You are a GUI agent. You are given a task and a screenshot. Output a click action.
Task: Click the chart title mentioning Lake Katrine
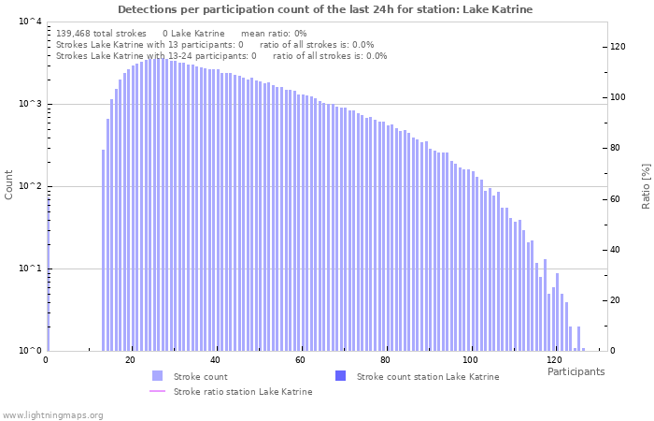[325, 9]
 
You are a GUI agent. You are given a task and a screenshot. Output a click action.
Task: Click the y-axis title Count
[9, 184]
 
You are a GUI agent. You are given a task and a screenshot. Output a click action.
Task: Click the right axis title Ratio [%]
[646, 185]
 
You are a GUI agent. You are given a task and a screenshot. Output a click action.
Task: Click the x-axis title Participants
[576, 371]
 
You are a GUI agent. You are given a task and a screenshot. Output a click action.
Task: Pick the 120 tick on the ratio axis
[618, 47]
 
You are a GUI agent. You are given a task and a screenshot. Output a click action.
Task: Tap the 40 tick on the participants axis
[215, 360]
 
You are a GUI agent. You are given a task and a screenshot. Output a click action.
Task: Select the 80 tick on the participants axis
[385, 360]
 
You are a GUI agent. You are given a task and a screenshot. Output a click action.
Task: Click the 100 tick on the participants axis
[470, 360]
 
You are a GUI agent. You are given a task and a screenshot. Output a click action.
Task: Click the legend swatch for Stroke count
[157, 376]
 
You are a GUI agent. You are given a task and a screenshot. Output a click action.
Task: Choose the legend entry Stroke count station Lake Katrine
[427, 376]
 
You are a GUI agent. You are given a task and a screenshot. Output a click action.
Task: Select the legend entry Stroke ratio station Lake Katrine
[242, 391]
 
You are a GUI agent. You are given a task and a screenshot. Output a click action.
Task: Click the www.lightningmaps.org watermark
[53, 414]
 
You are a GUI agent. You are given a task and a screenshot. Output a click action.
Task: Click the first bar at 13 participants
[104, 250]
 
